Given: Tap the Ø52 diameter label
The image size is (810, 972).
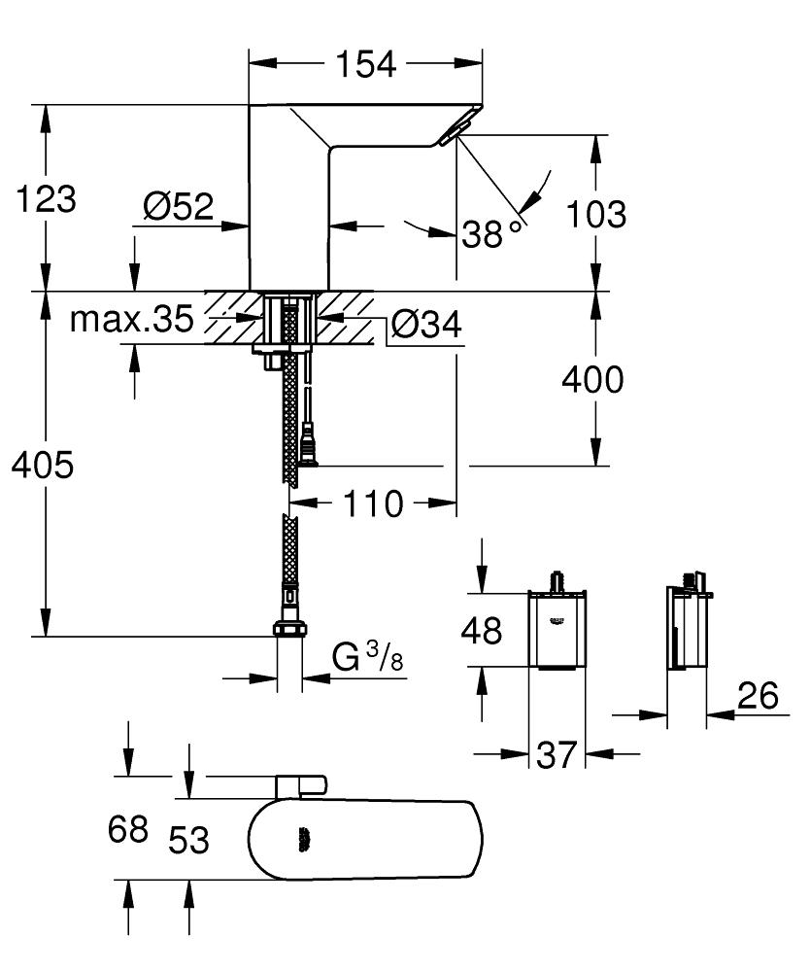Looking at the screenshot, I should click(x=178, y=206).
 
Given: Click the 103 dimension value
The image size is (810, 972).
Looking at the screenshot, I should click(x=594, y=214).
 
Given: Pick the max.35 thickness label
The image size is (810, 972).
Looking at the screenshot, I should click(x=131, y=319).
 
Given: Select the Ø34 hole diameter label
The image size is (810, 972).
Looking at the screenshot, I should click(x=426, y=326).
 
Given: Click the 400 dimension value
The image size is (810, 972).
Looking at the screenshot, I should click(x=593, y=380).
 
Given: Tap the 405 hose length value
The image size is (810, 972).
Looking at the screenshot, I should click(x=42, y=466).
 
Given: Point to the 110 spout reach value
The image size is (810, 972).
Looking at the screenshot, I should click(x=371, y=503).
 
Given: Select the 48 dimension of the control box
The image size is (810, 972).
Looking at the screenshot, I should click(x=480, y=631).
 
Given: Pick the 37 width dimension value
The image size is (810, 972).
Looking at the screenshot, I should click(x=557, y=754).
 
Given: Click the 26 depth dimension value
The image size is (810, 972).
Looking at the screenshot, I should click(x=759, y=696).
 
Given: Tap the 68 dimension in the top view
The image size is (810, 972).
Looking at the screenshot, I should click(x=128, y=829).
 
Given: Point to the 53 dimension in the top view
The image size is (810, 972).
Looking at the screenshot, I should click(x=188, y=839).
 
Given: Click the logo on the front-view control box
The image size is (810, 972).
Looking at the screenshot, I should click(x=557, y=618).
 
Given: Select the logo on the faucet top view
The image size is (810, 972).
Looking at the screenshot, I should click(x=304, y=836).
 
